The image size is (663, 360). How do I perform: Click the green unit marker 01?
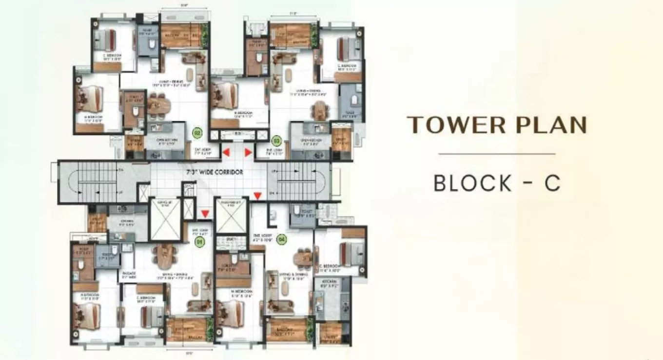tap(199, 240)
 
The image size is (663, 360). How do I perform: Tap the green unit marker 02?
tap(197, 132)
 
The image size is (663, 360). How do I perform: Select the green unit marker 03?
tap(276, 140)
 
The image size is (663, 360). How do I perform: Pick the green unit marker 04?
tap(281, 239)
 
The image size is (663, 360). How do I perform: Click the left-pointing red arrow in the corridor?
tap(226, 154)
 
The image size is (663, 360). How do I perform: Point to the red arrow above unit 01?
tap(205, 214)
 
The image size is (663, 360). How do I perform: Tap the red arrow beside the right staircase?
tap(257, 196)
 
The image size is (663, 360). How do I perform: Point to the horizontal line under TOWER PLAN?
tap(497, 154)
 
